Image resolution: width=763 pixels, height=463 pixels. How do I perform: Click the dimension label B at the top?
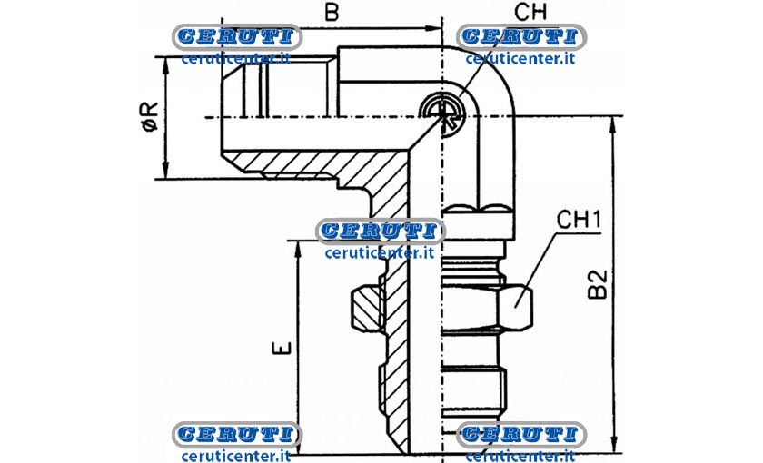(332, 12)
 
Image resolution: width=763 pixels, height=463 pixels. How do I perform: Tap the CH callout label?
(530, 12)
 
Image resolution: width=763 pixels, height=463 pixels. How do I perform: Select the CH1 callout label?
(580, 220)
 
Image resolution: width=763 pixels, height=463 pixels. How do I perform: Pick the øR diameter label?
(151, 116)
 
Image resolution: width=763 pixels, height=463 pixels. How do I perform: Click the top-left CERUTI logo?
(237, 36)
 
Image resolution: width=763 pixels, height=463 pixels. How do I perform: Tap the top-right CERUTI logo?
(521, 36)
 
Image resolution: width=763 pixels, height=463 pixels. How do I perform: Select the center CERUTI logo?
(380, 231)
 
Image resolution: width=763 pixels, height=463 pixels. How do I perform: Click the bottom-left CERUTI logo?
(237, 434)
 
